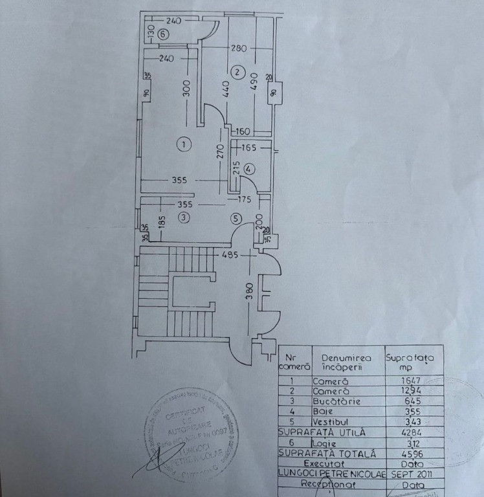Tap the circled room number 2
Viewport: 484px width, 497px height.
[237, 71]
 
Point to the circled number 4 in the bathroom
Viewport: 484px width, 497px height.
[250, 170]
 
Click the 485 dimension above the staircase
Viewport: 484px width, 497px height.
[227, 254]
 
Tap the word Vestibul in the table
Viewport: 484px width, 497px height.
[331, 422]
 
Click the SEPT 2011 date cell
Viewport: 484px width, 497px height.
[415, 473]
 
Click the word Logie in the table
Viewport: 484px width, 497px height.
[326, 443]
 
